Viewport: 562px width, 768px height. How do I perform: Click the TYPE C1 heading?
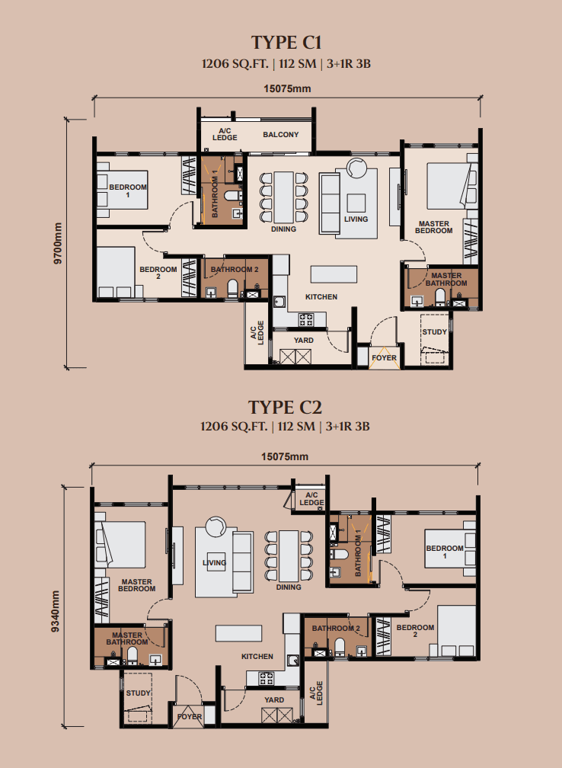[286, 43]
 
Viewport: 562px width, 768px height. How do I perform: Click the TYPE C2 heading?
[285, 408]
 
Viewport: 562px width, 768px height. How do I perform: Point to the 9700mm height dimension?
[58, 244]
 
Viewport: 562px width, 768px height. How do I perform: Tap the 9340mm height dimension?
[55, 610]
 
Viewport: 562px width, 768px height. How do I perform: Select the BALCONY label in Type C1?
[280, 135]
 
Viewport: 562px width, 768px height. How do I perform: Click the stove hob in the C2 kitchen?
[267, 678]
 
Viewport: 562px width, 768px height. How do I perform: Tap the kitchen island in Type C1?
[334, 274]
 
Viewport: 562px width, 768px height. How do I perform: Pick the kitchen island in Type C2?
[239, 633]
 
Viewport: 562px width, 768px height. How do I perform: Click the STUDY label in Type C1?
[434, 331]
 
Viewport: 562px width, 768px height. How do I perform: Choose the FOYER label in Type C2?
[190, 716]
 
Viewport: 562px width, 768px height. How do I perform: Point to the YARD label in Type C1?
[304, 341]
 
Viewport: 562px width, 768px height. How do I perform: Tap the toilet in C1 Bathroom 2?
[232, 288]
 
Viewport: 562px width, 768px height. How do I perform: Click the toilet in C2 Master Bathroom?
[133, 655]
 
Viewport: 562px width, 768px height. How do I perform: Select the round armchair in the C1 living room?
[356, 167]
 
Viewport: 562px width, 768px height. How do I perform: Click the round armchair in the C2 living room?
[216, 527]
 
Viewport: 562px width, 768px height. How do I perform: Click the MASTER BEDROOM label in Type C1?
[434, 227]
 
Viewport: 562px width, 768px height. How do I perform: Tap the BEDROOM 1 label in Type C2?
[445, 552]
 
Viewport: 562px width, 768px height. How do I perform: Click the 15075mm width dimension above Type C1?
[287, 89]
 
